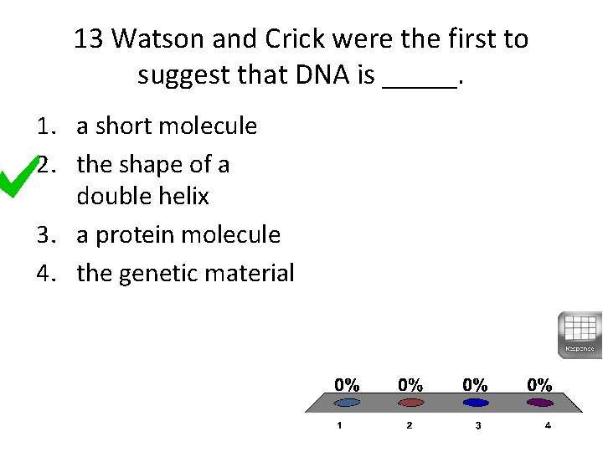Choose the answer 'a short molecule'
click(167, 126)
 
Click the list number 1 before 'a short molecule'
click(44, 126)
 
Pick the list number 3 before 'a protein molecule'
click(44, 235)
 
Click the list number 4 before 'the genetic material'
click(44, 273)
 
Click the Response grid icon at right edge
click(580, 334)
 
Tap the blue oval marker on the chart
click(475, 403)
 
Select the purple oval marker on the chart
click(539, 403)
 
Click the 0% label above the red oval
click(410, 385)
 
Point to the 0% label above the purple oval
click(539, 385)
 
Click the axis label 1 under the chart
click(339, 425)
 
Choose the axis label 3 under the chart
click(477, 425)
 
